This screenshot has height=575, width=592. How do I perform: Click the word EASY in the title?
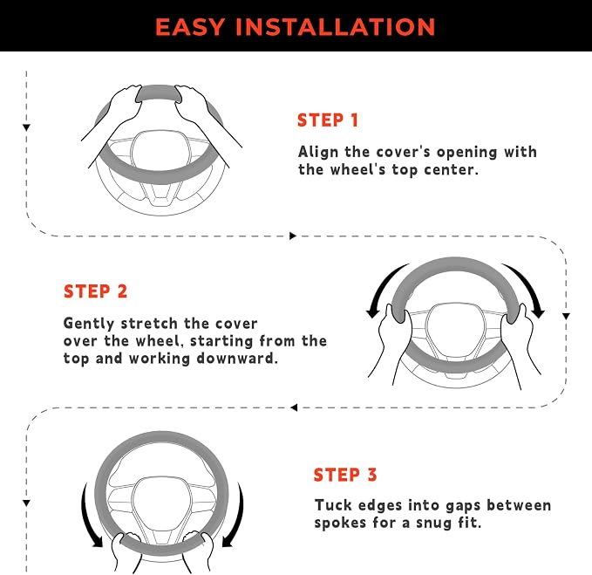[x=190, y=27]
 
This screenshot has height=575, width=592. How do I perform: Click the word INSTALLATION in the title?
[x=336, y=27]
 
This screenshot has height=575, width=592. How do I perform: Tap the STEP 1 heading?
[x=328, y=120]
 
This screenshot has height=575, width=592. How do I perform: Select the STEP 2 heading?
[x=96, y=291]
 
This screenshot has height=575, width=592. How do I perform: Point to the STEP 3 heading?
[x=345, y=475]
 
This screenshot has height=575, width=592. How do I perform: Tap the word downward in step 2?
[x=237, y=358]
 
